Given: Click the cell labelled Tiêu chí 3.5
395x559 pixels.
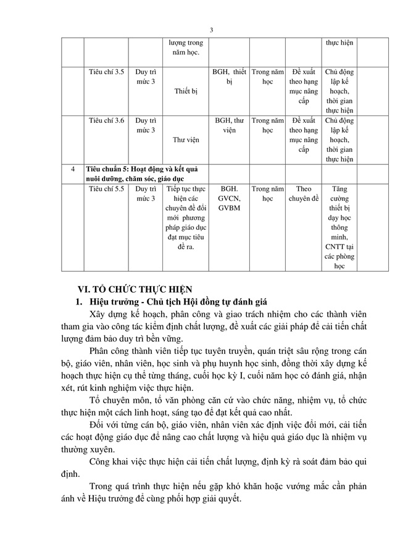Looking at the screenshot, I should coord(106,72).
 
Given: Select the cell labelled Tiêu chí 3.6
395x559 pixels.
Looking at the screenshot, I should coord(106,120).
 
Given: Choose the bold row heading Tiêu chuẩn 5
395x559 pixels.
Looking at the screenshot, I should coord(145,174).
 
